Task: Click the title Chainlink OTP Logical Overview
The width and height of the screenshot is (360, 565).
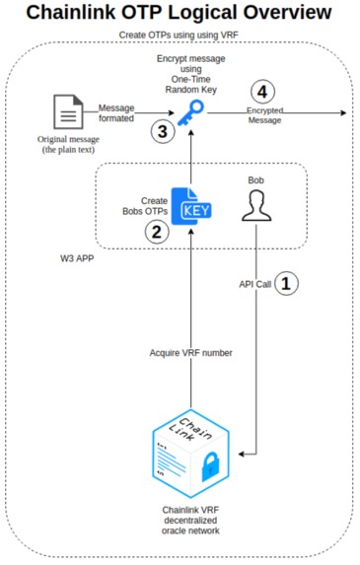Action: tap(180, 14)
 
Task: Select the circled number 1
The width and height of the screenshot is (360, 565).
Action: tap(284, 283)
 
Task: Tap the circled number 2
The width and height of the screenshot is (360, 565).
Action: tap(154, 233)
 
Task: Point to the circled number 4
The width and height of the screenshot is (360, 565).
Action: tap(261, 93)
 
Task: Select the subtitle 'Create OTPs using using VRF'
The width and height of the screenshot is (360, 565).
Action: tap(180, 35)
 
